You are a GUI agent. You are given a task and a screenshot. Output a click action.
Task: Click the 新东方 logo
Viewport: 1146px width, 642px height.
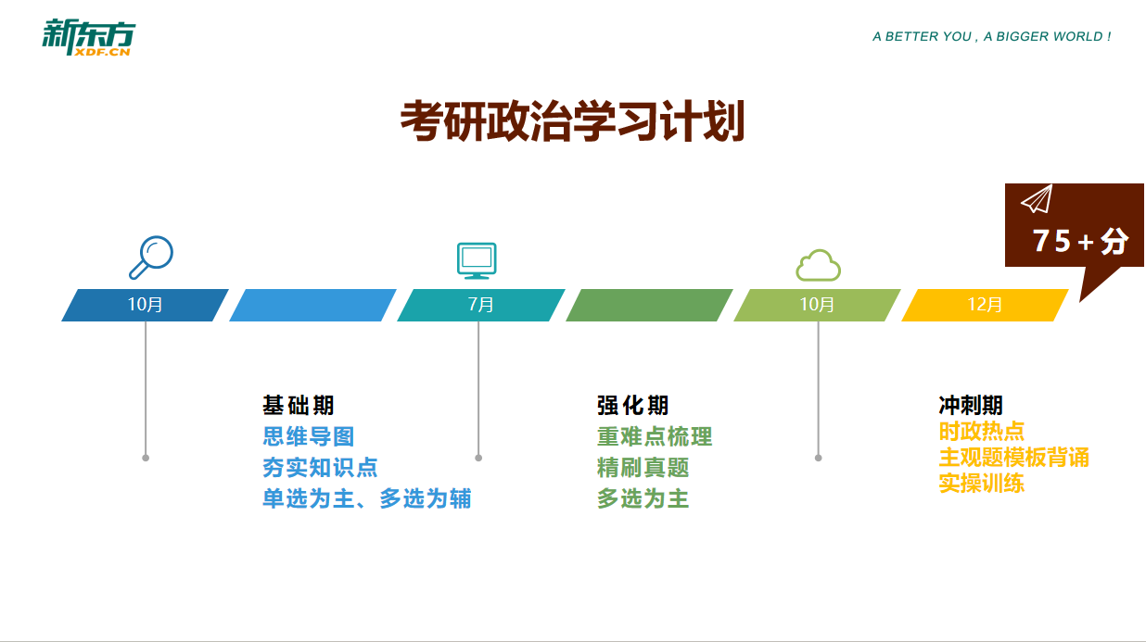pyautogui.click(x=88, y=38)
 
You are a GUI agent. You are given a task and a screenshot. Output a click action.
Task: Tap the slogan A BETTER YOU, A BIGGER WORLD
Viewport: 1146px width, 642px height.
pyautogui.click(x=991, y=37)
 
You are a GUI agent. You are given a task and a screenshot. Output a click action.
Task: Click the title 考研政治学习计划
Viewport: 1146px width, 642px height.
pyautogui.click(x=572, y=121)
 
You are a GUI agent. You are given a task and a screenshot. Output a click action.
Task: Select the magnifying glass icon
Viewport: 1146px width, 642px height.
pyautogui.click(x=150, y=258)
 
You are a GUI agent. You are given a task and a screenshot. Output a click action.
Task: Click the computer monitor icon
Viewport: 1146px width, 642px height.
pyautogui.click(x=477, y=260)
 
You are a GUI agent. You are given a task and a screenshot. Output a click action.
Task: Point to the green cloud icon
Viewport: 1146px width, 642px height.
pyautogui.click(x=817, y=265)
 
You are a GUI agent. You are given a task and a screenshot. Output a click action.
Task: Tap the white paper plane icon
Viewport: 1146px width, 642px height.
pyautogui.click(x=1037, y=199)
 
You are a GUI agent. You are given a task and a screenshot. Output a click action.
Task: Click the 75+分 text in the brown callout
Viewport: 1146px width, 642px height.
pyautogui.click(x=1080, y=241)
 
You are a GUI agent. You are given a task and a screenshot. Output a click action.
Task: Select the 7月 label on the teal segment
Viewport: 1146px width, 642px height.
pyautogui.click(x=480, y=305)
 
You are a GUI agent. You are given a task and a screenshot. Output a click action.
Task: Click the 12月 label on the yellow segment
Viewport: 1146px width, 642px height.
pyautogui.click(x=985, y=305)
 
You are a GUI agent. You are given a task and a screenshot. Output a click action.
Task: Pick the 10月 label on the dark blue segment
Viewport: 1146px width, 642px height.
pyautogui.click(x=145, y=305)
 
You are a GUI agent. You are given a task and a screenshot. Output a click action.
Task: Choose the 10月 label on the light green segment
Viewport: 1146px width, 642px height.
pyautogui.click(x=817, y=305)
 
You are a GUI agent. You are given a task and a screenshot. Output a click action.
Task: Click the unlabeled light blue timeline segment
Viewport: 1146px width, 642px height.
pyautogui.click(x=312, y=305)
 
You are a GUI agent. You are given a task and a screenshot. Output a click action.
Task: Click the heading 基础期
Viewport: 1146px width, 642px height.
pyautogui.click(x=298, y=405)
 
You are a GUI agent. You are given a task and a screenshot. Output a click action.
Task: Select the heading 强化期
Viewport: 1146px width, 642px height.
pyautogui.click(x=632, y=405)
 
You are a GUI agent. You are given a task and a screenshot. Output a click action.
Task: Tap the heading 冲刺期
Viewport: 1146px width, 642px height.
pyautogui.click(x=971, y=405)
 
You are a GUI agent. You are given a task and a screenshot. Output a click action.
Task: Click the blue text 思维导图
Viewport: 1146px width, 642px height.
pyautogui.click(x=308, y=436)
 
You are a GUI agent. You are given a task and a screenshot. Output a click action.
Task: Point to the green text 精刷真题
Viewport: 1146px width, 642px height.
pyautogui.click(x=643, y=468)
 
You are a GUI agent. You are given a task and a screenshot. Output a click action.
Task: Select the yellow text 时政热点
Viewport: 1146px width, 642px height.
pyautogui.click(x=981, y=432)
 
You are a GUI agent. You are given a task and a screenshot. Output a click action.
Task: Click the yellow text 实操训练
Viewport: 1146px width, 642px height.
pyautogui.click(x=981, y=484)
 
